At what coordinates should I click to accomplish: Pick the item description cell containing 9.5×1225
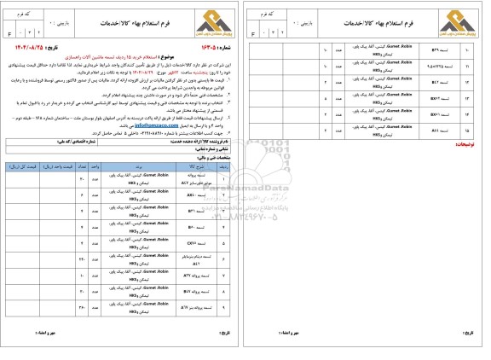coord(443,67)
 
